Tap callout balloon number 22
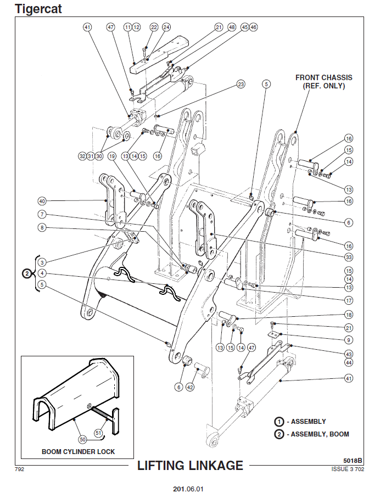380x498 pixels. point(154,27)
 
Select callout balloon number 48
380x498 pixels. point(232,27)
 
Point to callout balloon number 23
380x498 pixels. point(241,85)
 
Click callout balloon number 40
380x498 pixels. point(42,200)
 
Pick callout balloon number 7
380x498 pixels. point(42,214)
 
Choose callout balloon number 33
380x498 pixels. point(348,257)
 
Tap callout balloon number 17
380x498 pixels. point(348,300)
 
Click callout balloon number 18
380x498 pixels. point(348,315)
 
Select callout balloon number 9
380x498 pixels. point(348,340)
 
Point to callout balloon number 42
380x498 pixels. point(191,387)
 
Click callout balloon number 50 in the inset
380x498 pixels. point(83,439)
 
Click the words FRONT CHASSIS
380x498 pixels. point(323,78)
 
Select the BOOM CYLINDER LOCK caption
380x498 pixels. point(78,452)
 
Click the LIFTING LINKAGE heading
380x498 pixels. point(190,466)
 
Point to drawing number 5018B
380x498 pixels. point(351,460)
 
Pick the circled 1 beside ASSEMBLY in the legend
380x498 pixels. point(280,422)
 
